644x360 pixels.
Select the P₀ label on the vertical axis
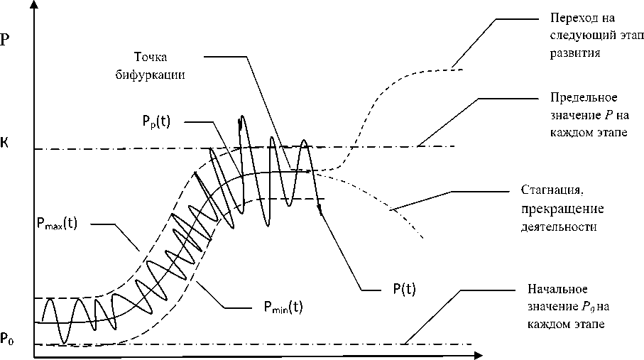[x=7, y=339]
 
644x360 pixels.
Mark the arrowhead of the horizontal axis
[x=479, y=353]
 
